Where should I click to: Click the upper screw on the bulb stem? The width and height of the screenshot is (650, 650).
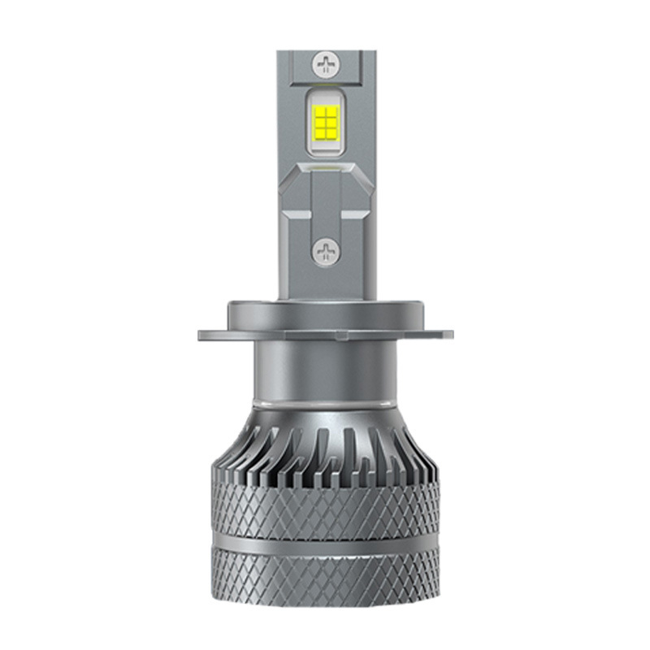325,63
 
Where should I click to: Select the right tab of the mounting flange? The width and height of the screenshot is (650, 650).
440,334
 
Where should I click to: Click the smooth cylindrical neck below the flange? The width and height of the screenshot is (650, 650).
325,370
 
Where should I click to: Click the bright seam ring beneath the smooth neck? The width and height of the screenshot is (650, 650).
325,404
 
